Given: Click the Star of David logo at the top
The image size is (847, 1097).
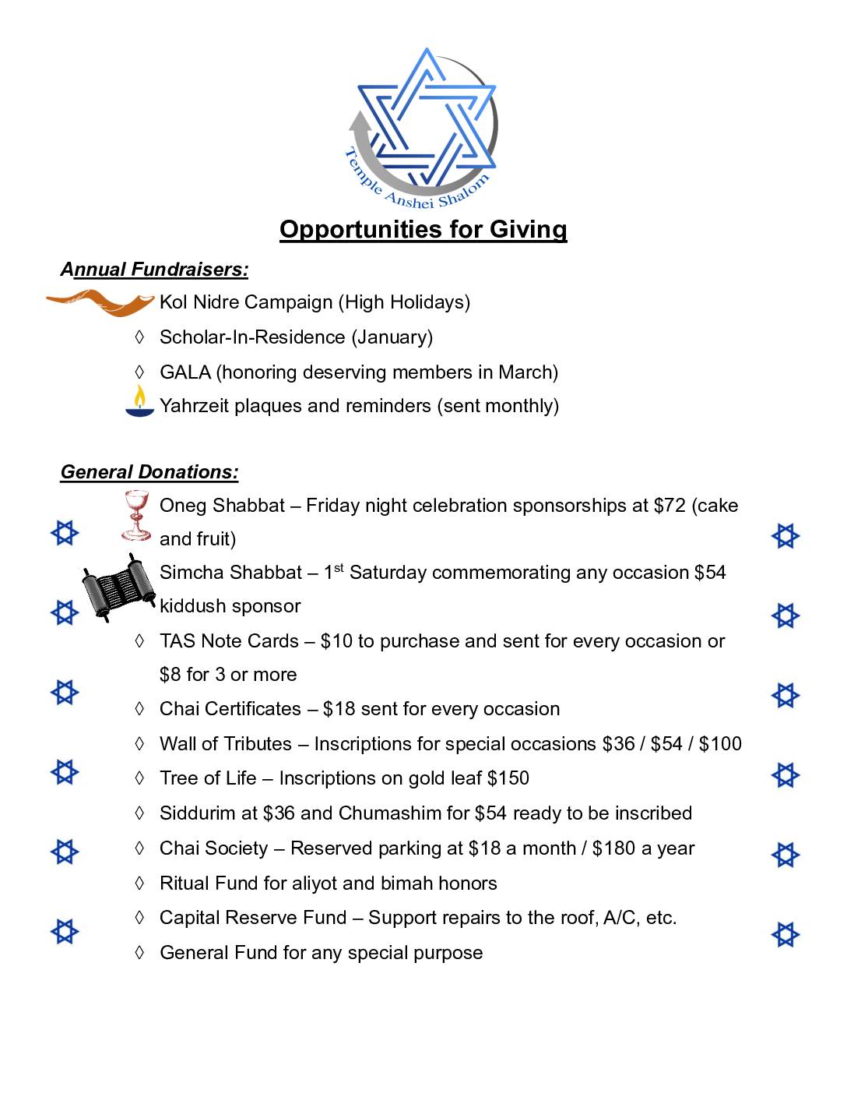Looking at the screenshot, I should (424, 125).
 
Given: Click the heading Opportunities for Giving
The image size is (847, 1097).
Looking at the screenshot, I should (423, 229).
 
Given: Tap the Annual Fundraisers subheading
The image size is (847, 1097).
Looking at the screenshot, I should (154, 270).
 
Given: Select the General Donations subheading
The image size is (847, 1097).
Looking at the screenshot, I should (149, 472).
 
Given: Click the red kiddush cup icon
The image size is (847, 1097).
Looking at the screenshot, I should (136, 515).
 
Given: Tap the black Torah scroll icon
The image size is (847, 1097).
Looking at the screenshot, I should (118, 587).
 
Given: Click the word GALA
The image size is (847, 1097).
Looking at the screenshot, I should (185, 372).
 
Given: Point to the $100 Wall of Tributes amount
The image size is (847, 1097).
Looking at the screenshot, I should (720, 744).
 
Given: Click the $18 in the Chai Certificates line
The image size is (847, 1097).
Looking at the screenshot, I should (339, 709).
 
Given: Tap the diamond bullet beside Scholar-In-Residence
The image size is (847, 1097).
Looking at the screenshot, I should (139, 337).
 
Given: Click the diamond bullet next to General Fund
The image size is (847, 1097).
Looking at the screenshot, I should (139, 953).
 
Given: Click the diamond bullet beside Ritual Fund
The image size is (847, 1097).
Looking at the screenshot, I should (139, 884).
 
